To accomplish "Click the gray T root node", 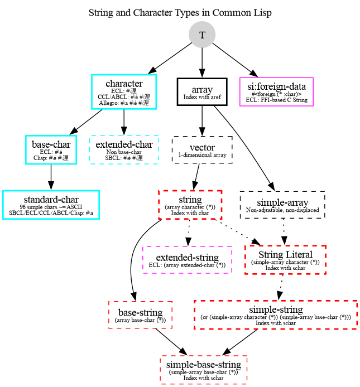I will click(202, 35).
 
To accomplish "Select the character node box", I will click(123, 91).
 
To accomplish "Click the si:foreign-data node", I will click(276, 91).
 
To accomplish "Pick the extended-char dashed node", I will click(124, 149).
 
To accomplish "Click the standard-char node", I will click(51, 204).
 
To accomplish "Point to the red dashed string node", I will click(190, 204).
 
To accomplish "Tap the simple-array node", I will click(282, 204).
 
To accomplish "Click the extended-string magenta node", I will click(187, 259).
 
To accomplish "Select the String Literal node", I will click(285, 259).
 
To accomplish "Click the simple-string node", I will click(275, 314).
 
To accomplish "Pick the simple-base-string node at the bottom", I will click(203, 369).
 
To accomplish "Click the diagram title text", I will click(180, 12).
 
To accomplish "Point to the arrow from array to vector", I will click(202, 120).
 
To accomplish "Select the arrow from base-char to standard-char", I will click(51, 176).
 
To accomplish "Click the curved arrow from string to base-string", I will click(131, 262).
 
